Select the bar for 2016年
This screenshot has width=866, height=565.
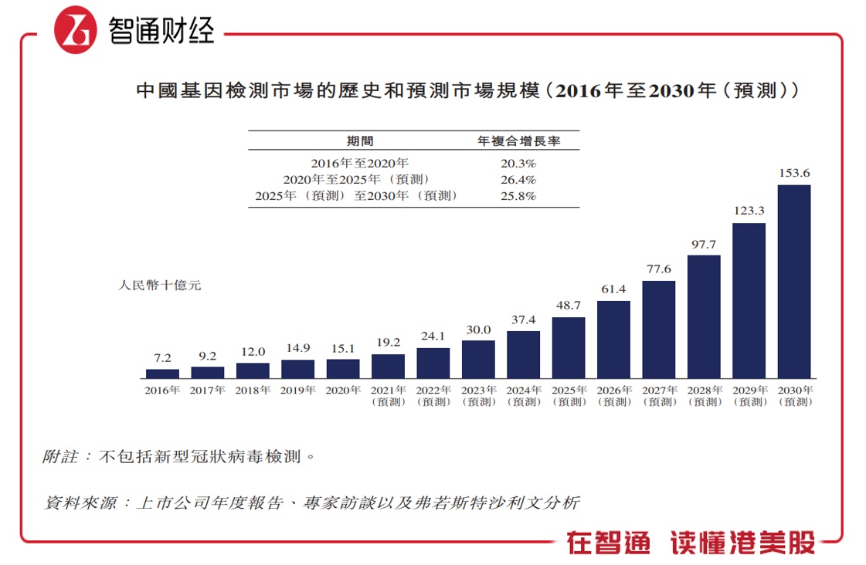162,374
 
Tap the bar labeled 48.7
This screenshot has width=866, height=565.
569,347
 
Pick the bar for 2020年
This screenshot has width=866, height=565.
343,368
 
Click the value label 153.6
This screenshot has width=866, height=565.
794,173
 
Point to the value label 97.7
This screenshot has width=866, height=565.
704,244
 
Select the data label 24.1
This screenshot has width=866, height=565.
433,337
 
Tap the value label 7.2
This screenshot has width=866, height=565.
162,358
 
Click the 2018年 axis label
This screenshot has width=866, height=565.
253,391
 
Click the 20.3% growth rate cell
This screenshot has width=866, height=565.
518,164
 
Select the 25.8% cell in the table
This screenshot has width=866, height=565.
518,196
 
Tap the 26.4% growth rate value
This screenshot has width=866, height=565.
518,180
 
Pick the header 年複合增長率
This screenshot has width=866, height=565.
518,141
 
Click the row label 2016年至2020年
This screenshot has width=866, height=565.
360,164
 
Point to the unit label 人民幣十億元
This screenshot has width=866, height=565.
160,286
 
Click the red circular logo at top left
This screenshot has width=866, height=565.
76,32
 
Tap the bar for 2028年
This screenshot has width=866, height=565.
704,316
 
